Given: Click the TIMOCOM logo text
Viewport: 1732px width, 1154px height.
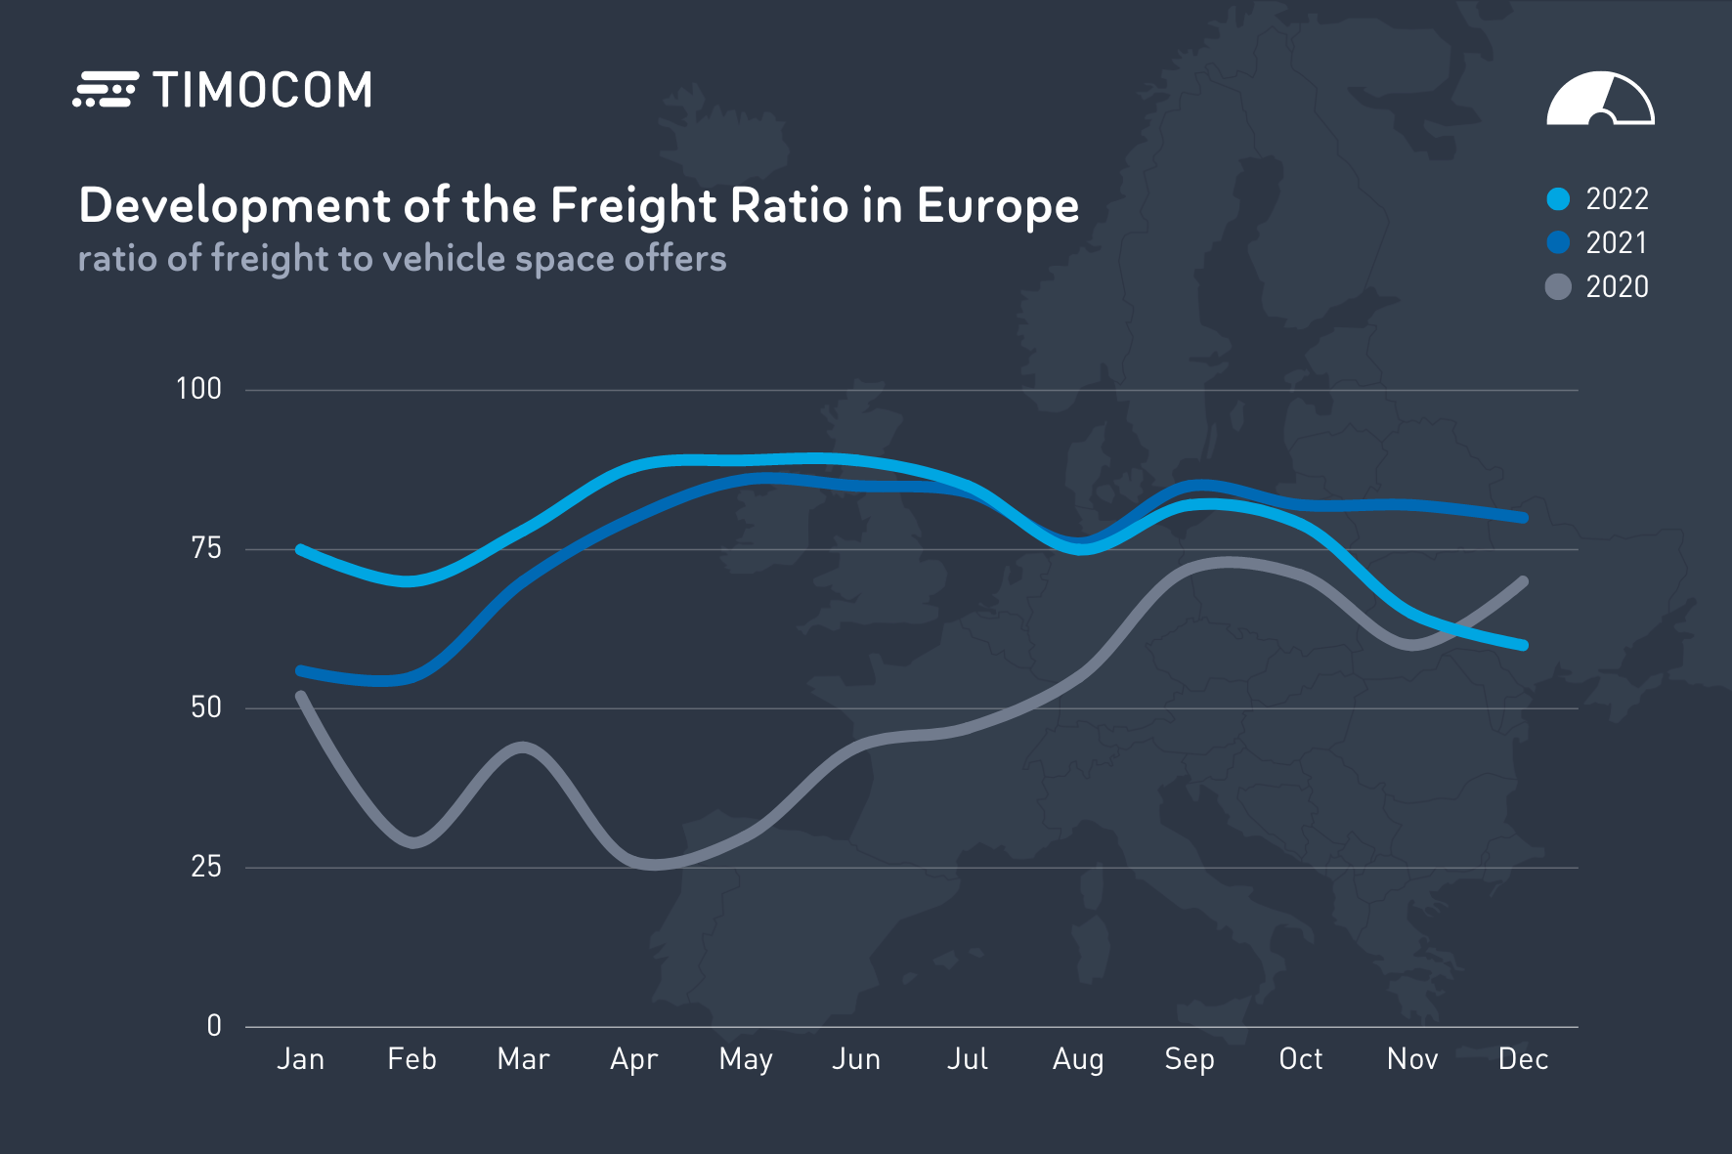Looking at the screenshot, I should (262, 90).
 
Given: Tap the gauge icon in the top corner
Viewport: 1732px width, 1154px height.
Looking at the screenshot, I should (1600, 99).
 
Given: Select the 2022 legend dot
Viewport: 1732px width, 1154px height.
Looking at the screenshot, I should (1558, 199).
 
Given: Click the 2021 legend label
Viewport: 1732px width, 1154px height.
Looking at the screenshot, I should (1617, 243).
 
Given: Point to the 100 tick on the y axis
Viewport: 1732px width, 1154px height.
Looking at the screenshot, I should (199, 389).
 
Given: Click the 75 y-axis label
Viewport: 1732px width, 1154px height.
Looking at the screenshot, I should (206, 548).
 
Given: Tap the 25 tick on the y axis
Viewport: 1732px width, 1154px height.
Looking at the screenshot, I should (206, 867).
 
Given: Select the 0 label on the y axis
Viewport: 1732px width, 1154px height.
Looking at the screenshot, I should (214, 1026).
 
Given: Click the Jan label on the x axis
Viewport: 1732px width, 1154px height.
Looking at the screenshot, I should (300, 1059).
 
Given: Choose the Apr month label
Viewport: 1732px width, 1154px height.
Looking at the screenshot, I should (633, 1059).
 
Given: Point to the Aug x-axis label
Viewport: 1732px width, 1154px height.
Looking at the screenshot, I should (1078, 1059).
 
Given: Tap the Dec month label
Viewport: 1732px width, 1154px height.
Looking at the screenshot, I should (1523, 1059).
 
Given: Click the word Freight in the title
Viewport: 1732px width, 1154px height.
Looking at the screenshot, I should (633, 206).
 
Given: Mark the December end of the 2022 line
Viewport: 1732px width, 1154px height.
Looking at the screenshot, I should (1523, 645).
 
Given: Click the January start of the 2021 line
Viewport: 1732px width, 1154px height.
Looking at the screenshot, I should (300, 670).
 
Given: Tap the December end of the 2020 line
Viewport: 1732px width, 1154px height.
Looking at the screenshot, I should (1523, 581).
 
